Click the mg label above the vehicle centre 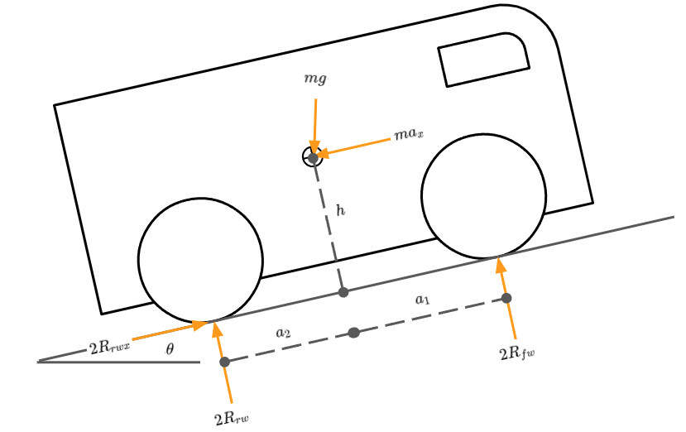tap(315, 79)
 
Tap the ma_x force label tap(409, 133)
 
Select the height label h tap(340, 210)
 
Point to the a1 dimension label tap(422, 300)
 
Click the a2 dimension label tap(283, 333)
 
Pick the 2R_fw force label tap(517, 353)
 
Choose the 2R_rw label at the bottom tap(232, 419)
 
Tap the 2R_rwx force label tap(109, 348)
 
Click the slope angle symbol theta tap(170, 349)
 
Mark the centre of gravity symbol tap(313, 156)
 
